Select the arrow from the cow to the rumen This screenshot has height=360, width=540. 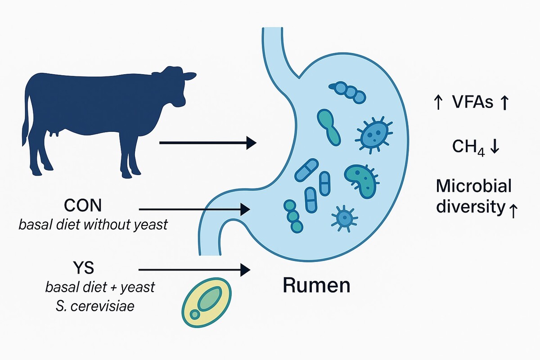(207, 143)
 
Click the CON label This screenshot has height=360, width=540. (83, 206)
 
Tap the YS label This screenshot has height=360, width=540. (83, 269)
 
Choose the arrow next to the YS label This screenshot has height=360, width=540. (194, 270)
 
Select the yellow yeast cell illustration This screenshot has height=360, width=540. (207, 302)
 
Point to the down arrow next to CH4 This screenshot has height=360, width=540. (494, 147)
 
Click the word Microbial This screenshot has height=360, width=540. (474, 185)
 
